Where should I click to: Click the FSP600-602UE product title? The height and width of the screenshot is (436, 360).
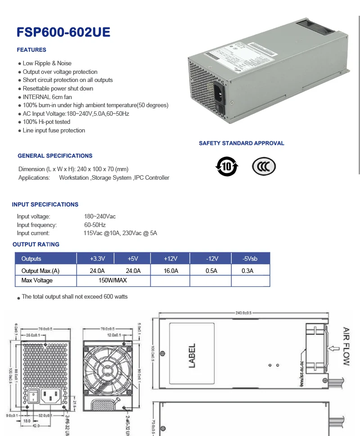[x=63, y=32]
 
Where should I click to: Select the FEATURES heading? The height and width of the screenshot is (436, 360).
[x=31, y=50]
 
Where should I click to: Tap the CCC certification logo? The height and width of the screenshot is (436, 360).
[x=264, y=167]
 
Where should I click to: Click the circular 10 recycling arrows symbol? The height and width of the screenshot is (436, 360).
[x=227, y=167]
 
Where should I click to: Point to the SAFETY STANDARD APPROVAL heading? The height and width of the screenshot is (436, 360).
[x=242, y=143]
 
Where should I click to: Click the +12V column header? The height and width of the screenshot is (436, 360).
[x=170, y=259]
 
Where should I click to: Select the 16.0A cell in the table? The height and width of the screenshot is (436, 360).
[x=170, y=271]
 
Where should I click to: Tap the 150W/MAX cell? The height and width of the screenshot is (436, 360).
[x=112, y=281]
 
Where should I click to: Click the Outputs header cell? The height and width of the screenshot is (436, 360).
[x=31, y=259]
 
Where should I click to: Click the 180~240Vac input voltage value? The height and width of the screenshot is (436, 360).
[x=100, y=217]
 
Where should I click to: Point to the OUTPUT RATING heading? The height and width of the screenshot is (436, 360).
[x=36, y=245]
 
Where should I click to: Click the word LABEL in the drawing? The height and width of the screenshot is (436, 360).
[x=192, y=355]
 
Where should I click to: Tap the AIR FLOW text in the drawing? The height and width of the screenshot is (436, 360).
[x=346, y=346]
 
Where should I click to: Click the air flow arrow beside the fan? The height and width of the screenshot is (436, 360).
[x=333, y=348]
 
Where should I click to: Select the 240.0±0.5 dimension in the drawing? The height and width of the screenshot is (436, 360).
[x=243, y=312]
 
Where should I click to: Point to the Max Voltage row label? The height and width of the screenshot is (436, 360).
[x=37, y=281]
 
